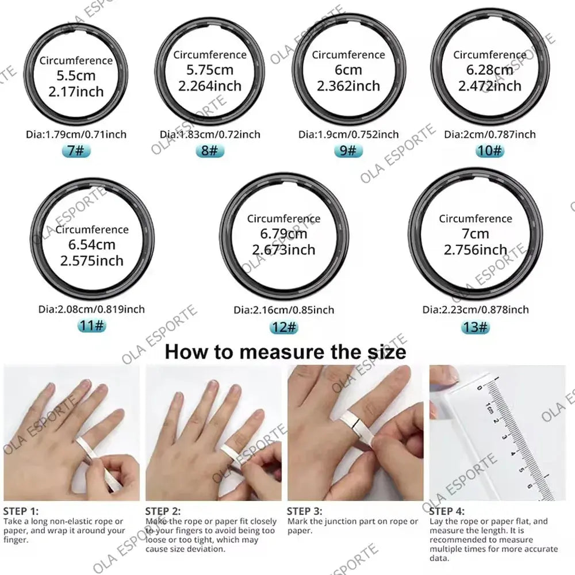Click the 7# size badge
pyautogui.click(x=76, y=151)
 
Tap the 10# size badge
pyautogui.click(x=489, y=151)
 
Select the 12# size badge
pyautogui.click(x=283, y=327)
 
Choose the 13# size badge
pyautogui.click(x=476, y=327)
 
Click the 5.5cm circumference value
pyautogui.click(x=76, y=76)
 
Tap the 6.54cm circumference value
pyautogui.click(x=92, y=245)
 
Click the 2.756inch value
pyautogui.click(x=476, y=250)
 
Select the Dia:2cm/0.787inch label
pyautogui.click(x=489, y=135)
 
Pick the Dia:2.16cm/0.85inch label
pyautogui.click(x=283, y=310)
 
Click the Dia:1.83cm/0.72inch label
pyautogui.click(x=210, y=135)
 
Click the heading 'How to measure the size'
pyautogui.click(x=285, y=351)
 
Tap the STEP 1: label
pyautogui.click(x=21, y=511)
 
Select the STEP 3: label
pyautogui.click(x=305, y=511)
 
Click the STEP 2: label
pyautogui.click(x=163, y=511)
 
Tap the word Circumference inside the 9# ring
pyautogui.click(x=348, y=55)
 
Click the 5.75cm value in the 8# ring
pyautogui.click(x=210, y=70)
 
